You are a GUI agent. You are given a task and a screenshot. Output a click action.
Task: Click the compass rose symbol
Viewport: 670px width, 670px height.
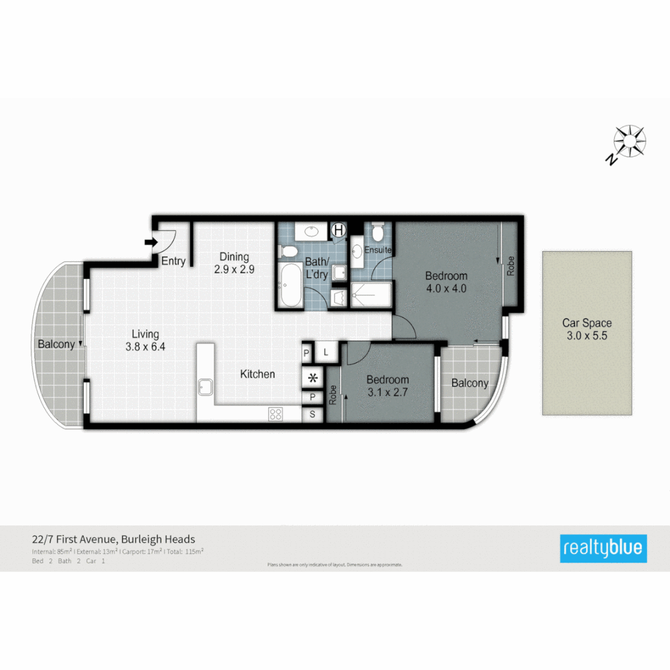point(630,141)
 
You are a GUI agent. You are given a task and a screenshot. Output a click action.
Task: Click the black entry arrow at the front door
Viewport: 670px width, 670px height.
point(150,242)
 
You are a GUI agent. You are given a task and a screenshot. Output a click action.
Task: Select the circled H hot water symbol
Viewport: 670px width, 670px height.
point(338,230)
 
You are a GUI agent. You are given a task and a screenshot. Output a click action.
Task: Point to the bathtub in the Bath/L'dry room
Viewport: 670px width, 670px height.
point(290,285)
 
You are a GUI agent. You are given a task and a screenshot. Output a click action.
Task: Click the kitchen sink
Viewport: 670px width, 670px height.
point(206,388)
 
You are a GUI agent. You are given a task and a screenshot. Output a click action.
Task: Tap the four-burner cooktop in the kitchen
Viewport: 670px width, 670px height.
point(275,414)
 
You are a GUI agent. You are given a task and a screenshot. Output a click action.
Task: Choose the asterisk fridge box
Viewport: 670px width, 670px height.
point(312,377)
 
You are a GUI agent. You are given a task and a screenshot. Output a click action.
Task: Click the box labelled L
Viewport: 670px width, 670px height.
point(327,352)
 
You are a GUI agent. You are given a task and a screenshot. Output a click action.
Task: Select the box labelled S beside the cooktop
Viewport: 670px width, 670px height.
point(312,415)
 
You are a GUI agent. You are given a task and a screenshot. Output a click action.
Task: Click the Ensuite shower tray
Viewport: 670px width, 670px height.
point(371,295)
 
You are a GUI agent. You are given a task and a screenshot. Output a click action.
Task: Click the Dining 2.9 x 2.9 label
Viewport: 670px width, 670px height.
point(234,263)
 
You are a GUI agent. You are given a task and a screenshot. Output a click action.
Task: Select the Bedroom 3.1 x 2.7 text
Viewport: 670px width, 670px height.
point(387,386)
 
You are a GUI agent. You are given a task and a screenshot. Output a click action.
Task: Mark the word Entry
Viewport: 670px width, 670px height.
point(173,261)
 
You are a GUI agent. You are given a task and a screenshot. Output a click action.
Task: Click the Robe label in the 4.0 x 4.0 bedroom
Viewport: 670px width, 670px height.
point(511,266)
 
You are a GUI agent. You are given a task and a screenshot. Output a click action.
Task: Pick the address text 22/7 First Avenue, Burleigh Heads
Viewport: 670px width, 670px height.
point(114,539)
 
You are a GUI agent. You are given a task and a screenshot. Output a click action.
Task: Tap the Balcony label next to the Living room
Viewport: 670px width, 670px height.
point(56,344)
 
